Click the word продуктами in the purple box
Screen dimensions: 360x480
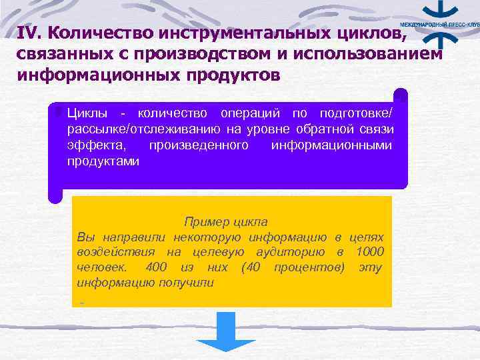[x=103, y=161]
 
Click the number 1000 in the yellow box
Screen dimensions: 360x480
[x=369, y=251]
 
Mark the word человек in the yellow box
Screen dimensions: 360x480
[x=99, y=267]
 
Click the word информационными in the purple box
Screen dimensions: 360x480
[x=333, y=145]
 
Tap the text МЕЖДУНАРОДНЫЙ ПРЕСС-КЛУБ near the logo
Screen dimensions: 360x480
[x=440, y=23]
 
